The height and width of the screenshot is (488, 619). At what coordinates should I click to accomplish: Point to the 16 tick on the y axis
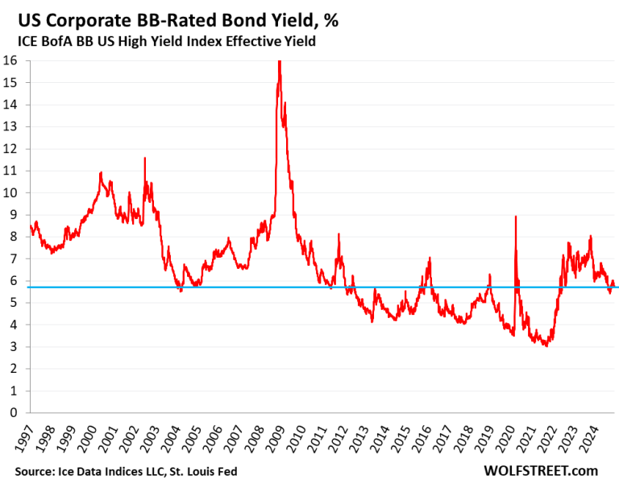click(12, 60)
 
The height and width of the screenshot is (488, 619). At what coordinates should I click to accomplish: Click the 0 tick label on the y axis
click(15, 412)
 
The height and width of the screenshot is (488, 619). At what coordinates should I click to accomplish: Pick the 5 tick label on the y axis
click(15, 303)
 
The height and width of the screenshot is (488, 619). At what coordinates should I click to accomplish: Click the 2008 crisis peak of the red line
click(279, 62)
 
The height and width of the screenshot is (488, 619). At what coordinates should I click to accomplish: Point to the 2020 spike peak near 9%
click(515, 217)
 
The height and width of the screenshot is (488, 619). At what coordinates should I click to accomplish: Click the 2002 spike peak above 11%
click(144, 158)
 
